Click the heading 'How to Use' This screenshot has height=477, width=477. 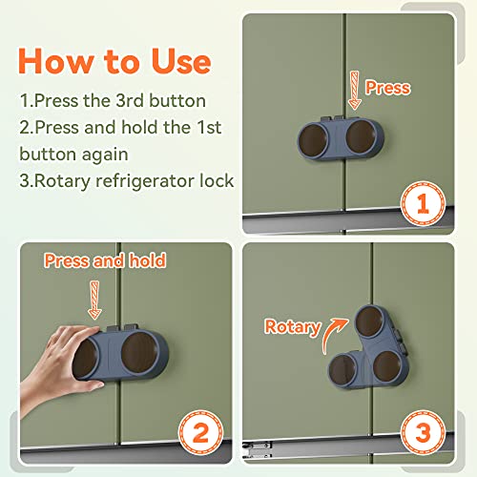114,61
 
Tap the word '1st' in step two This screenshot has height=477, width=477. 209,127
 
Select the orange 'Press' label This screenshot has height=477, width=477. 387,88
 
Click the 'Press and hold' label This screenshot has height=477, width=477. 105,260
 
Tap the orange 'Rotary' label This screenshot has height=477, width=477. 293,327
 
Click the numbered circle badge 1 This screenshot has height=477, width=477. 423,204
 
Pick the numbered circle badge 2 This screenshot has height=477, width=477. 200,433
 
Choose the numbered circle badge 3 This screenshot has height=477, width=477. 423,432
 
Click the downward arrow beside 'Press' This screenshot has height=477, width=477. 355,91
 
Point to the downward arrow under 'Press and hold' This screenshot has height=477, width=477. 94,301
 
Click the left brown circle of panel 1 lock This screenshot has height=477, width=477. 312,140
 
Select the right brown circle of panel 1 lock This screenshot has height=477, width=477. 361,136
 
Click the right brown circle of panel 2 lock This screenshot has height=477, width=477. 139,352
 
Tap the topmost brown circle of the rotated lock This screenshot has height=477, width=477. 369,321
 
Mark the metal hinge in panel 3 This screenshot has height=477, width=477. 257,449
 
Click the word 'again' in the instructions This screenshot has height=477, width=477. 105,155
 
